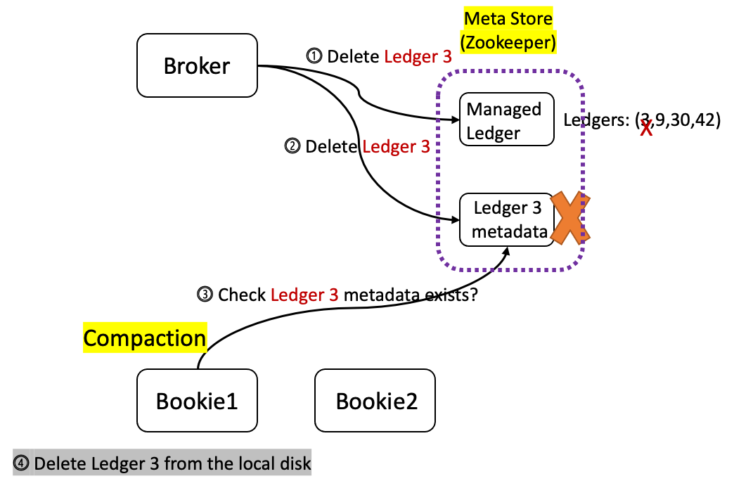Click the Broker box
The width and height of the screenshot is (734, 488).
point(197,66)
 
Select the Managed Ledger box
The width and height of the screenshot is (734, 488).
point(506,120)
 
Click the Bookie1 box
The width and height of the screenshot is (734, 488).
point(197,401)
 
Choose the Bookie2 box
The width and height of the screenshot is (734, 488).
point(375,401)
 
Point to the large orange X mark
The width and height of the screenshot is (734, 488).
point(569,218)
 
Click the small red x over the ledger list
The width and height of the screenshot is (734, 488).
point(645,128)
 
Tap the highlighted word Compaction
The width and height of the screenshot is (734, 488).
point(145,338)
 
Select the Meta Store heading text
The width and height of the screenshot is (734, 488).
point(508,19)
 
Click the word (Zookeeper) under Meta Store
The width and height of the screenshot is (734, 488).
point(508,42)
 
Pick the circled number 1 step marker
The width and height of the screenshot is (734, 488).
point(314,56)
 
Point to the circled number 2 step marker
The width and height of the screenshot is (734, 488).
point(292,147)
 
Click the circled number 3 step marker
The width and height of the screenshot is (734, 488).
point(205,295)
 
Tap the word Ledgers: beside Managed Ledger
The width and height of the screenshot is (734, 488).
point(596,120)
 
